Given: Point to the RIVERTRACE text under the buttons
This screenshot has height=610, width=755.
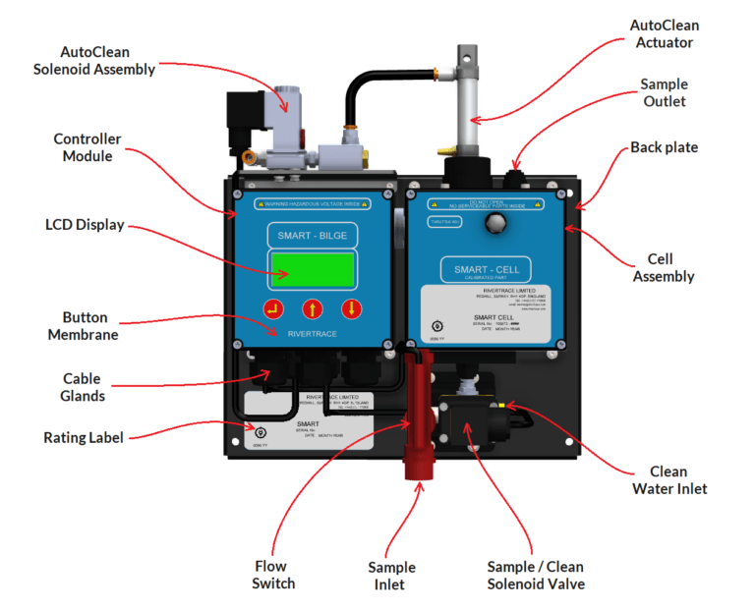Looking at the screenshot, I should (x=312, y=335).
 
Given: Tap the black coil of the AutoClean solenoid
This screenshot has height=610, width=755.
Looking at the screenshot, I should (x=241, y=115).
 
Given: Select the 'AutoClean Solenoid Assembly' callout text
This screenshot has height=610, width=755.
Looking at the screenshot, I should (x=94, y=60).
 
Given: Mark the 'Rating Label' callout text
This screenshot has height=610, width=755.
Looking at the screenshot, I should (x=84, y=438).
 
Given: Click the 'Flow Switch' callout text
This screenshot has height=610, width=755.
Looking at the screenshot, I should (x=272, y=575).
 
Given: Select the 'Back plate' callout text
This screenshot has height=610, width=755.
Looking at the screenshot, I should (x=664, y=147).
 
